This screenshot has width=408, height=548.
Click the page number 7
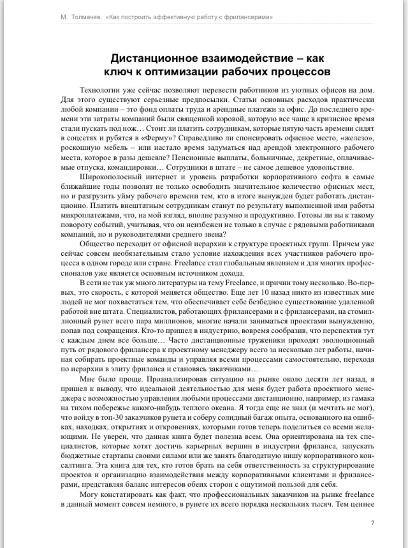pyautogui.click(x=372, y=523)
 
